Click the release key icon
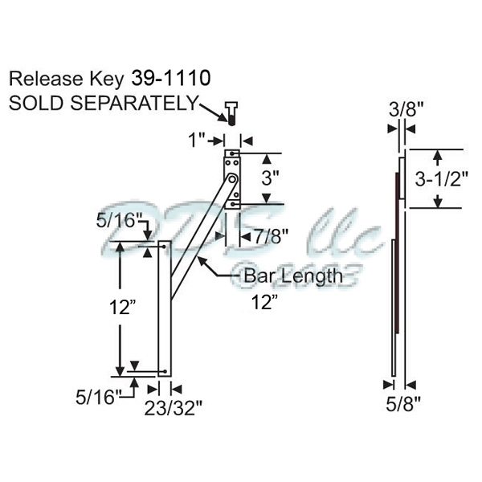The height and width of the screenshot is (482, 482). click(x=230, y=114)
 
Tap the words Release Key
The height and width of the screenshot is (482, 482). click(x=63, y=79)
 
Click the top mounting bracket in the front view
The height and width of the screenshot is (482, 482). click(x=231, y=178)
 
